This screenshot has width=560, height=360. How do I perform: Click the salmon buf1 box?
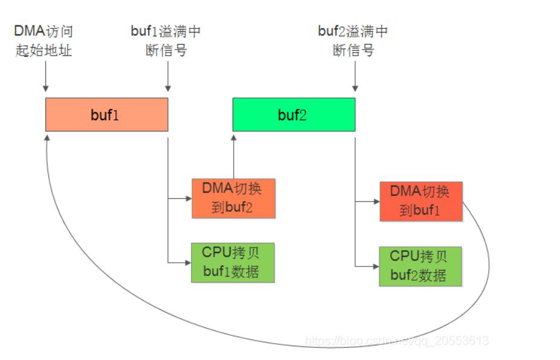click(x=106, y=115)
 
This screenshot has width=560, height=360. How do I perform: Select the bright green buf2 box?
click(x=294, y=115)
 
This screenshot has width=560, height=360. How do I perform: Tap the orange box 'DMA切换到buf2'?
click(x=234, y=198)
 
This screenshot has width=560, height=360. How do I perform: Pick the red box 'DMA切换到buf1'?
click(x=421, y=201)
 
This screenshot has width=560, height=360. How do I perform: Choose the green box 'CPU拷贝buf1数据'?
click(x=233, y=263)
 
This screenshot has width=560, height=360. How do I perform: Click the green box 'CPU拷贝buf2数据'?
click(x=420, y=266)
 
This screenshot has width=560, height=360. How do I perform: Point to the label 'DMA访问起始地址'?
click(x=43, y=40)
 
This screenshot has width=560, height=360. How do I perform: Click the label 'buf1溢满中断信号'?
click(x=166, y=40)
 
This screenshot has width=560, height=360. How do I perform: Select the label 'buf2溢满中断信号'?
click(x=353, y=40)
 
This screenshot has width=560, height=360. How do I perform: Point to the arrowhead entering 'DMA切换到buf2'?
click(x=189, y=198)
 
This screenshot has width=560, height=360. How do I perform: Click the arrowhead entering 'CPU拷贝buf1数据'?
click(x=188, y=263)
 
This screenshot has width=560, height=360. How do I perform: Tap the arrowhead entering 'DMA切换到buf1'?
click(x=376, y=201)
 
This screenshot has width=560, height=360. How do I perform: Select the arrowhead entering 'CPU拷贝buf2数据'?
click(x=376, y=266)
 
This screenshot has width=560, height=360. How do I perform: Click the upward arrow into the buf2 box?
click(x=234, y=157)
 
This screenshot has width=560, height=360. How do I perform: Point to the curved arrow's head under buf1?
click(x=47, y=138)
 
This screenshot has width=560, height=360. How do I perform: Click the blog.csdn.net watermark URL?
click(x=397, y=340)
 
